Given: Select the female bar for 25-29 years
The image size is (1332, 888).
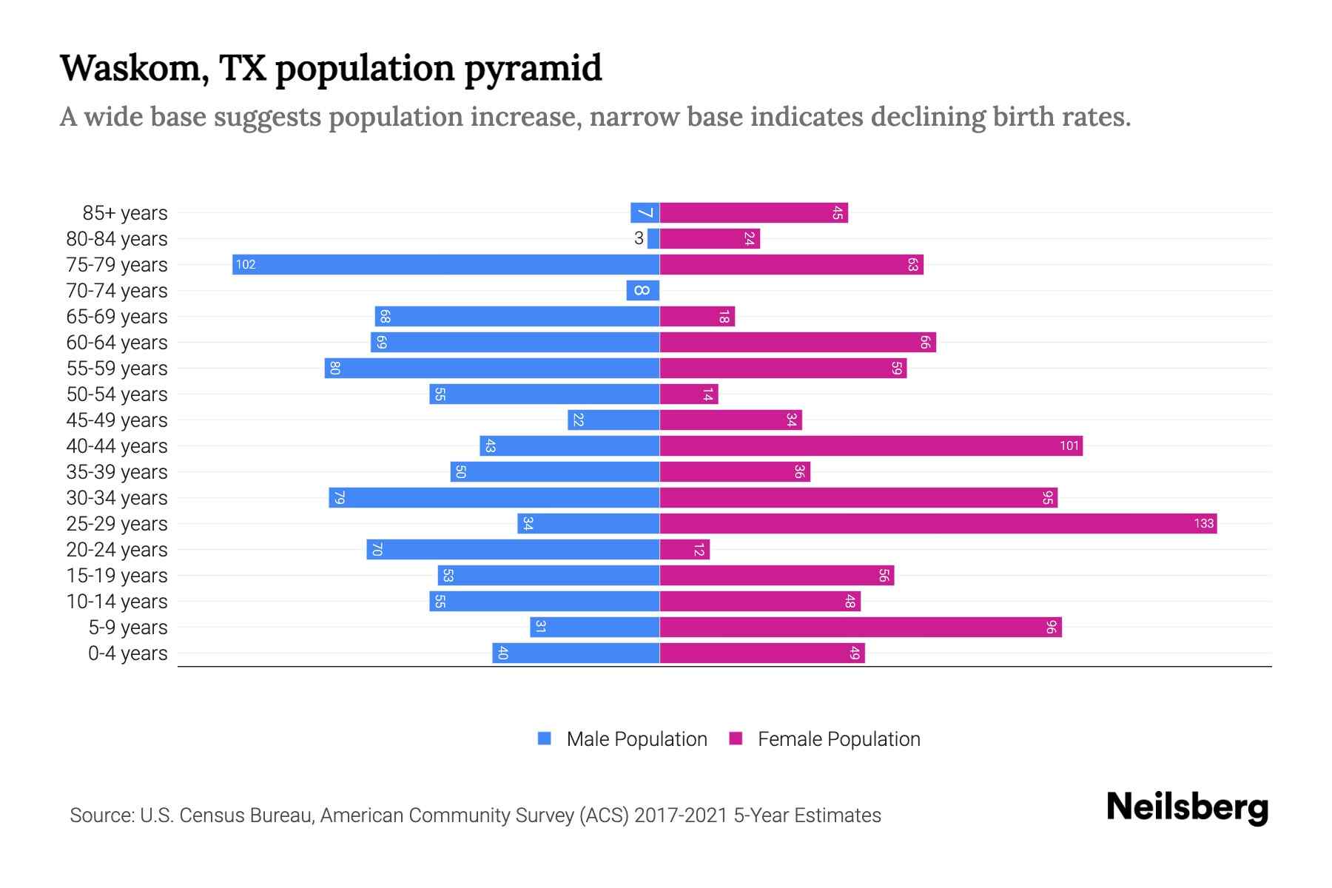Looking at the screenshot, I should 938,523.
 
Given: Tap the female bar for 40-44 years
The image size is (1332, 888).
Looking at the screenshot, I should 870,445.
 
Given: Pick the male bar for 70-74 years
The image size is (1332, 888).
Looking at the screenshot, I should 642,290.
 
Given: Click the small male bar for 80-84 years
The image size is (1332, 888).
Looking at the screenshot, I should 653,238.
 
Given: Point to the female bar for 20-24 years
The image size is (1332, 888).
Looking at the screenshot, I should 684,549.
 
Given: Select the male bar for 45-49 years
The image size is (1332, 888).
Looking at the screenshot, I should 613,420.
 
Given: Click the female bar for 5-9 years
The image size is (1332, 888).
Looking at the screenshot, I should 860,627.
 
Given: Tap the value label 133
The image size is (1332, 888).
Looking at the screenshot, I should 1203,523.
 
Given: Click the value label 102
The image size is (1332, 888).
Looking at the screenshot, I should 246,264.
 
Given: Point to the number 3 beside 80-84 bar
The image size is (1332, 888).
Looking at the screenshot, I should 639,238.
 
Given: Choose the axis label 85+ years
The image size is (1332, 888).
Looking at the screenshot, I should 125,213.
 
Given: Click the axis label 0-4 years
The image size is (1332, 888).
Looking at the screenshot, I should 128,653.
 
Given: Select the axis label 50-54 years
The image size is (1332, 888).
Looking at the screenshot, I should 117,394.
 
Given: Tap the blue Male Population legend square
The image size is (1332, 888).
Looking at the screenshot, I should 545,739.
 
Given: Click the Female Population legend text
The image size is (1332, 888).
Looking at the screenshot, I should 838,739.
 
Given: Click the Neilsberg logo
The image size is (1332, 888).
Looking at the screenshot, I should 1187,807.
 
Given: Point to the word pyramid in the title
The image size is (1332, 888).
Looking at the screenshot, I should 533,69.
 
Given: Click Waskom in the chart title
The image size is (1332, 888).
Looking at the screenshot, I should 129,67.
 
